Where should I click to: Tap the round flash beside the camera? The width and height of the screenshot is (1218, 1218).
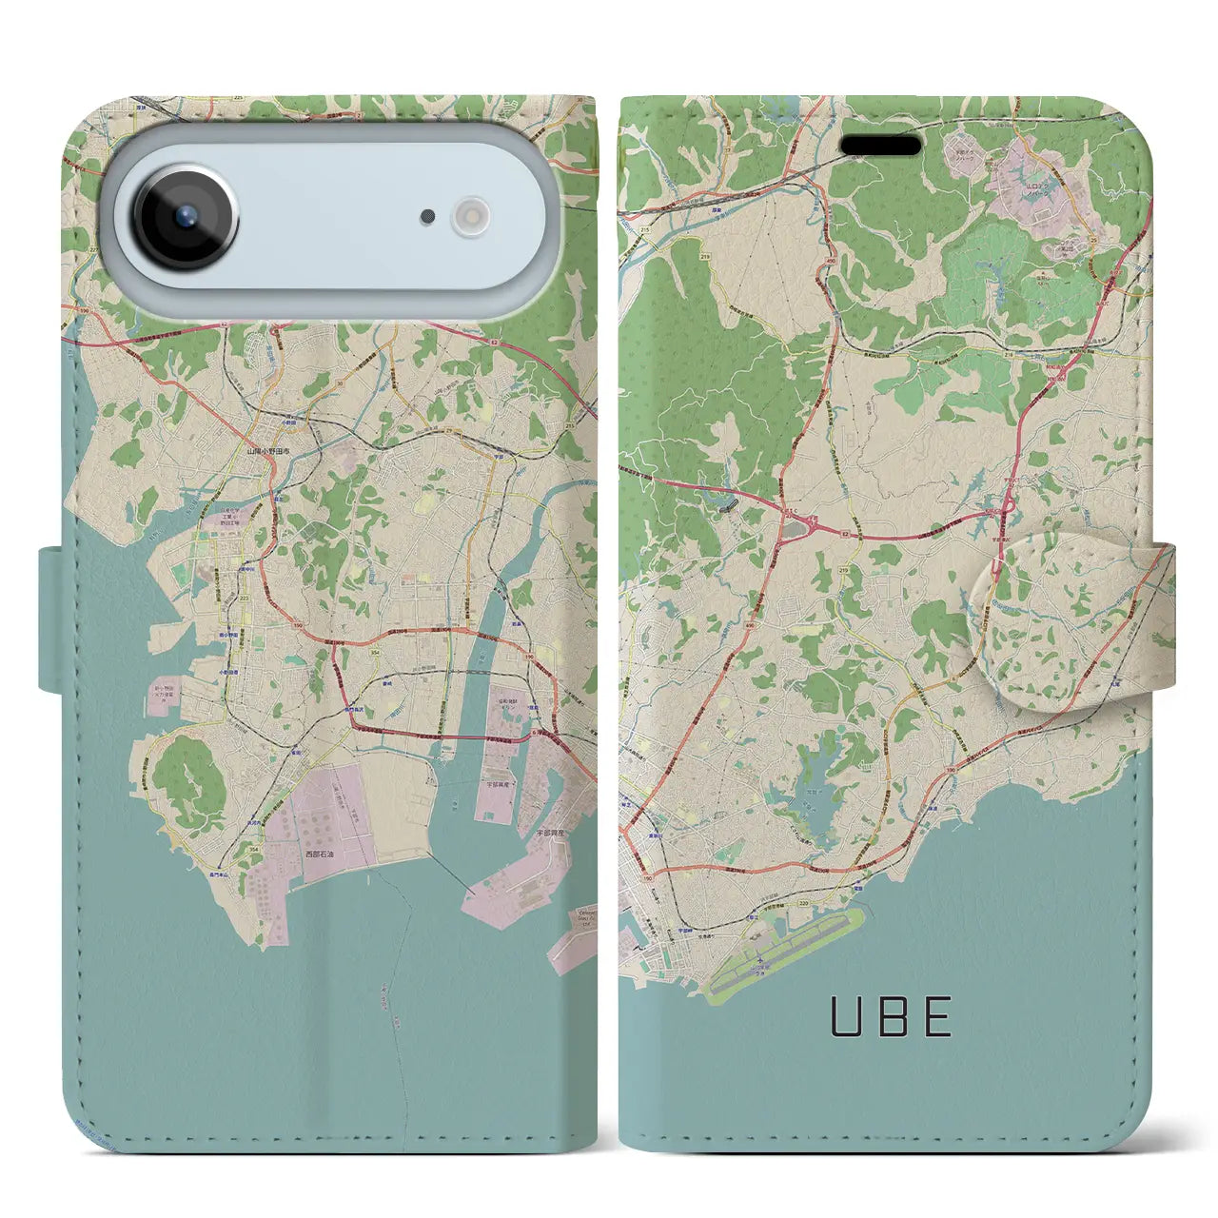(x=469, y=216)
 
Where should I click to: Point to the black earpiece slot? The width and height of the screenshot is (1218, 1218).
(x=881, y=145)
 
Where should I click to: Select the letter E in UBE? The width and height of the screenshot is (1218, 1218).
(x=938, y=1017)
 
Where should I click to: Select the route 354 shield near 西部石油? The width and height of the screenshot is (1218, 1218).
(x=253, y=849)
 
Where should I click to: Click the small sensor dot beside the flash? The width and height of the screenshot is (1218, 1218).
(x=428, y=217)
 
